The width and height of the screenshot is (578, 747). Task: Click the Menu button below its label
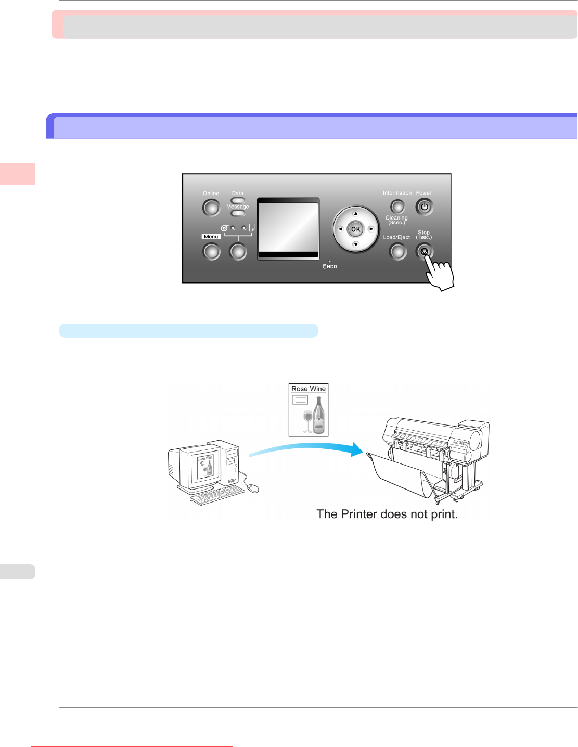[x=211, y=252]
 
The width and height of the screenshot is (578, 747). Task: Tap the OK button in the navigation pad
[x=356, y=229]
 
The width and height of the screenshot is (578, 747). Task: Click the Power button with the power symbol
[x=424, y=207]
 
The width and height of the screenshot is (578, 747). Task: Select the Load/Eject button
[x=397, y=252]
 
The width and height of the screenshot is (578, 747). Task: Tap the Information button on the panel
[x=397, y=207]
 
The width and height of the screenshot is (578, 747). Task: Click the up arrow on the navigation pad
[x=356, y=214]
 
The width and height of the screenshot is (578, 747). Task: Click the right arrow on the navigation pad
[x=371, y=229]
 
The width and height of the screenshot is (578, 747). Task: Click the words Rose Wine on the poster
[x=309, y=389]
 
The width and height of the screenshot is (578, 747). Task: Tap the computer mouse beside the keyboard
[x=252, y=488]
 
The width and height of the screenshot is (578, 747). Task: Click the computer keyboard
[x=217, y=496]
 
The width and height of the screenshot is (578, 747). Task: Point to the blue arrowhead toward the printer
[x=356, y=449]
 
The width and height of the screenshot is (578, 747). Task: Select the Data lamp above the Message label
[x=238, y=200]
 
